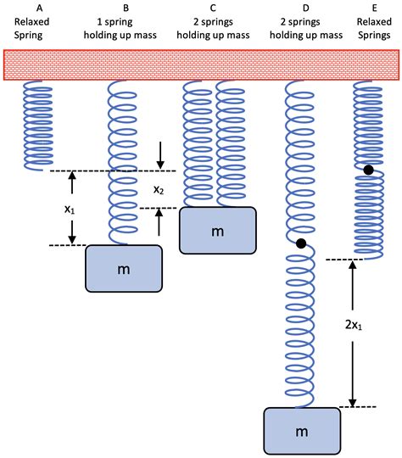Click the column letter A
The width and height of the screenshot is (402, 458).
[37, 7]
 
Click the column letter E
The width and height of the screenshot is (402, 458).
[373, 7]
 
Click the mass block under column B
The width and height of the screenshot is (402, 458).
[124, 268]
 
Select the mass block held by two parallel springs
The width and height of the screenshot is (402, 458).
[217, 230]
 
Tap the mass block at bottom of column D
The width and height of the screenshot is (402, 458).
[301, 432]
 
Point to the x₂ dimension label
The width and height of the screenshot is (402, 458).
[159, 189]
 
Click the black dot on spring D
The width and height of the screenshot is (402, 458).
[301, 244]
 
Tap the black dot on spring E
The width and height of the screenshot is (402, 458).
[369, 170]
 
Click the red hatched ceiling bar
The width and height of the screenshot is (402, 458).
[201, 64]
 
